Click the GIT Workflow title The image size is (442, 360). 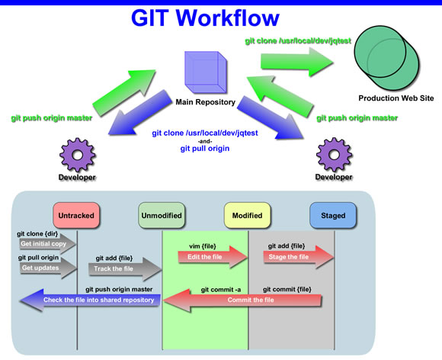[205, 18]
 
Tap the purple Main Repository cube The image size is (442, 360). [206, 72]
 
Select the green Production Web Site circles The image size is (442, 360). [386, 58]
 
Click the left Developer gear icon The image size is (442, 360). [78, 155]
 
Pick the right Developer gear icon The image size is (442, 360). [334, 154]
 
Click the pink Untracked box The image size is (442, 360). [76, 215]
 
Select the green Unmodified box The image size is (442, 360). [162, 215]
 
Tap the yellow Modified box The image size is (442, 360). [247, 215]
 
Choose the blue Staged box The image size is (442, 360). [333, 215]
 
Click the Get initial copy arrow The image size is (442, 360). [48, 244]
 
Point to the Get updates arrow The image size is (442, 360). [48, 268]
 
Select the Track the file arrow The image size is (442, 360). [125, 269]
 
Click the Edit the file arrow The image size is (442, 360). [213, 257]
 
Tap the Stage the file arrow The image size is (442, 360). [299, 257]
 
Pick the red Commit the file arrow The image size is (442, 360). [242, 300]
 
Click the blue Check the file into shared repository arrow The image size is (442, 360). [90, 300]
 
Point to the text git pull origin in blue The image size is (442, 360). [205, 149]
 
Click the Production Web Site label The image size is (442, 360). [396, 98]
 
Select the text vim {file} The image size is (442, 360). [203, 246]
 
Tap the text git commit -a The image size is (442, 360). [221, 290]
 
